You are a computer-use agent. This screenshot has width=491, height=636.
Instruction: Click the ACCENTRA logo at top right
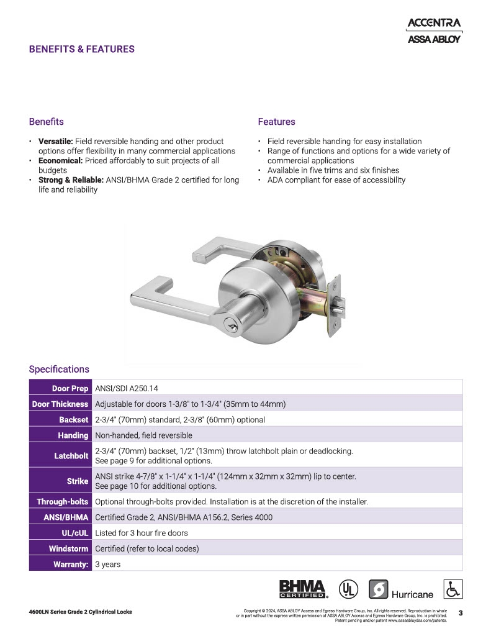[434, 23]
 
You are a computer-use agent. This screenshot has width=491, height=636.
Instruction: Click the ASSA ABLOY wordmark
[434, 39]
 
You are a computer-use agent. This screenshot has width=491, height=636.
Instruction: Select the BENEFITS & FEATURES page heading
[81, 49]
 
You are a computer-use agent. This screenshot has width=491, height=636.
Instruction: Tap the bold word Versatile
[55, 142]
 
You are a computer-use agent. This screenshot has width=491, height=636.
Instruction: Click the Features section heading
[276, 122]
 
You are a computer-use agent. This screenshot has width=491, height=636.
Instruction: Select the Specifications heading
[59, 369]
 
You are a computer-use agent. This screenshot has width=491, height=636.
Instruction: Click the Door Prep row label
[70, 388]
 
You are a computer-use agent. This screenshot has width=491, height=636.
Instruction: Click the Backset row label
[74, 420]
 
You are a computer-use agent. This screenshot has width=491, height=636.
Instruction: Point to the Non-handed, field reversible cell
[143, 435]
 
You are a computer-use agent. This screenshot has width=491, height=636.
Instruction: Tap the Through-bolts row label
[62, 501]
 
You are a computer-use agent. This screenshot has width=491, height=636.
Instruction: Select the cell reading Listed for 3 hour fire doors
[141, 533]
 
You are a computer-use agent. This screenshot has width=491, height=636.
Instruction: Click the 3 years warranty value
[107, 565]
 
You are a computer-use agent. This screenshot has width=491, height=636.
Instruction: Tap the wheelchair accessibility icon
[453, 589]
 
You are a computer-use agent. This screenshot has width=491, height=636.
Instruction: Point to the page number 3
[460, 613]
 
